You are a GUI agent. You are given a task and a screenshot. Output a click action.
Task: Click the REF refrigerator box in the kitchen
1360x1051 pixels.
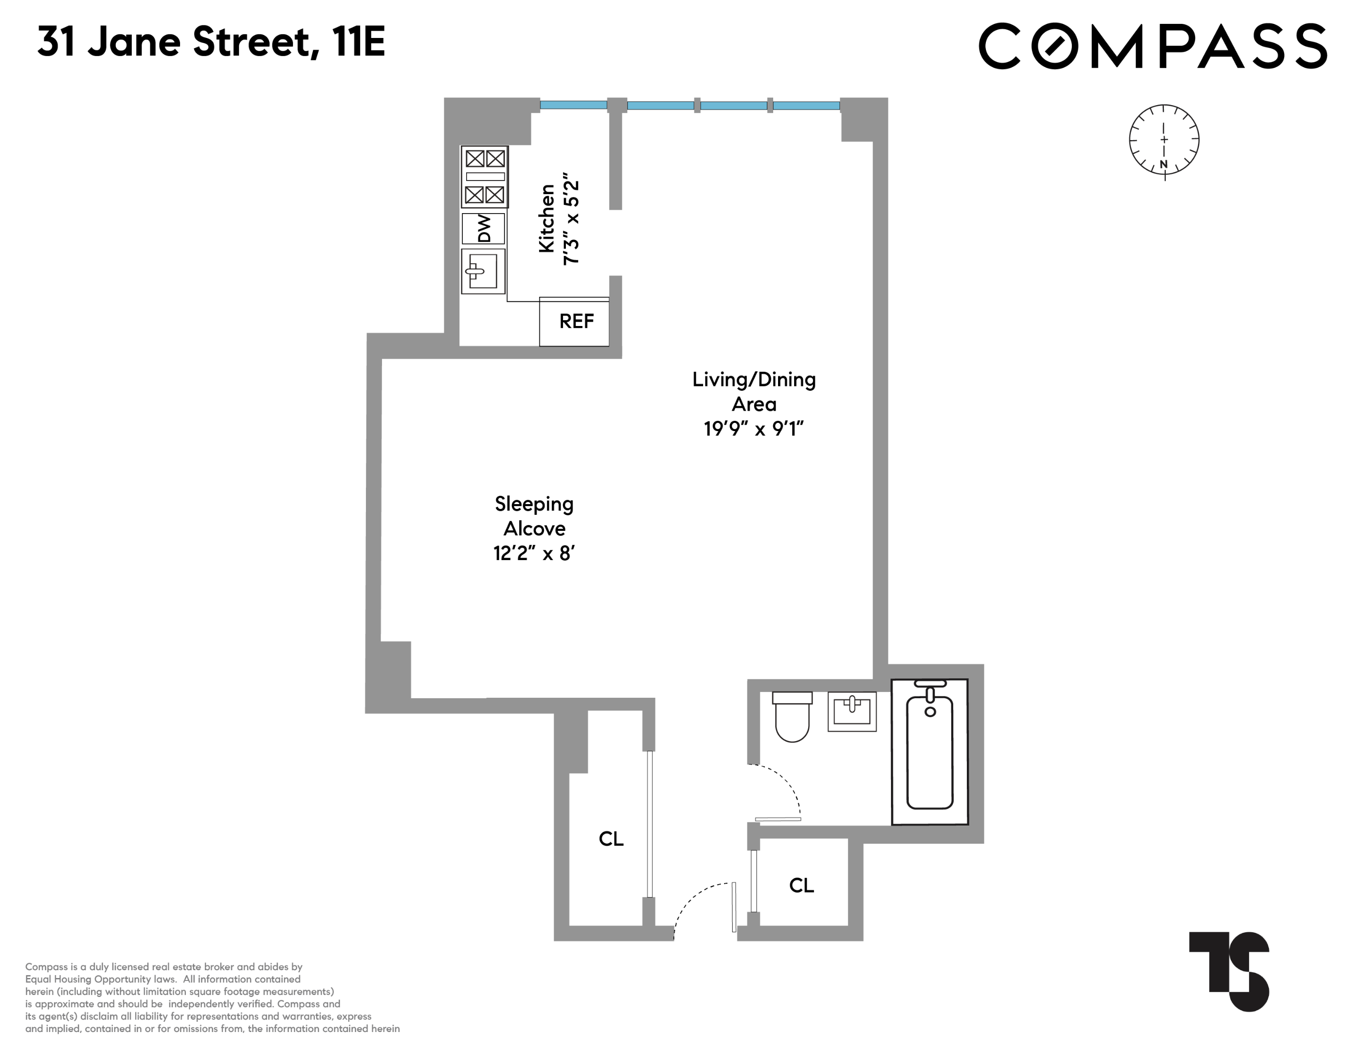[574, 321]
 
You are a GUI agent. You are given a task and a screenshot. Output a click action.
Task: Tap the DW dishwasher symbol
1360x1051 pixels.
[484, 229]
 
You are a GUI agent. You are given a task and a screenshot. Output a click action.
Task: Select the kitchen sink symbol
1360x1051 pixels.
[483, 272]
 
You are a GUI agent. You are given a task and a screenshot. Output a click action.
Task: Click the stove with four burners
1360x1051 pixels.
[485, 177]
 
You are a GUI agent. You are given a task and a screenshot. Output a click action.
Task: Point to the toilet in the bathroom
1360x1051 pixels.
[792, 716]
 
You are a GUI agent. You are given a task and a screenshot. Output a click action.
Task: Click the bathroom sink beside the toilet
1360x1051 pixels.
[852, 711]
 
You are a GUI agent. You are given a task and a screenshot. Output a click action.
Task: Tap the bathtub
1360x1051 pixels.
[930, 752]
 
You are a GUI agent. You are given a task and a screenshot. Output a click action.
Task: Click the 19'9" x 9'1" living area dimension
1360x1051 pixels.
[754, 429]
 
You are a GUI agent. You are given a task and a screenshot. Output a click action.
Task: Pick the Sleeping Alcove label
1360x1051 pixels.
[534, 516]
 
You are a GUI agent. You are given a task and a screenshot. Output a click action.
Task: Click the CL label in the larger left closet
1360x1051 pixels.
[611, 839]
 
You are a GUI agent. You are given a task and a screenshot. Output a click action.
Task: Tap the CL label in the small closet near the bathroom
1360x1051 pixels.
[801, 886]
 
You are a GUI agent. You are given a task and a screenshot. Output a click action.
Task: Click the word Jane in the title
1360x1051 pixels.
[133, 42]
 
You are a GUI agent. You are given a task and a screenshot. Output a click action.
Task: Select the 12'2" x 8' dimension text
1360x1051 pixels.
[534, 554]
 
